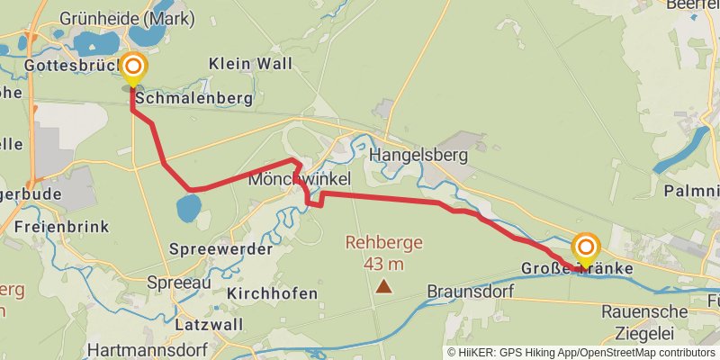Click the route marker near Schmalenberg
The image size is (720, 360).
(133, 67)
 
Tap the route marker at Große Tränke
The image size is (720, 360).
(586, 248)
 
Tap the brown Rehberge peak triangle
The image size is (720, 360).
(384, 287)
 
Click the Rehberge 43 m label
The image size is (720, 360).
(384, 253)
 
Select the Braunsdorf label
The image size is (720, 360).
(470, 292)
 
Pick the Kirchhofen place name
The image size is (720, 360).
(273, 293)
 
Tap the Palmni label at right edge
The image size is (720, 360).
(691, 191)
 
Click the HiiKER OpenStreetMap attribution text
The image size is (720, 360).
(580, 353)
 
